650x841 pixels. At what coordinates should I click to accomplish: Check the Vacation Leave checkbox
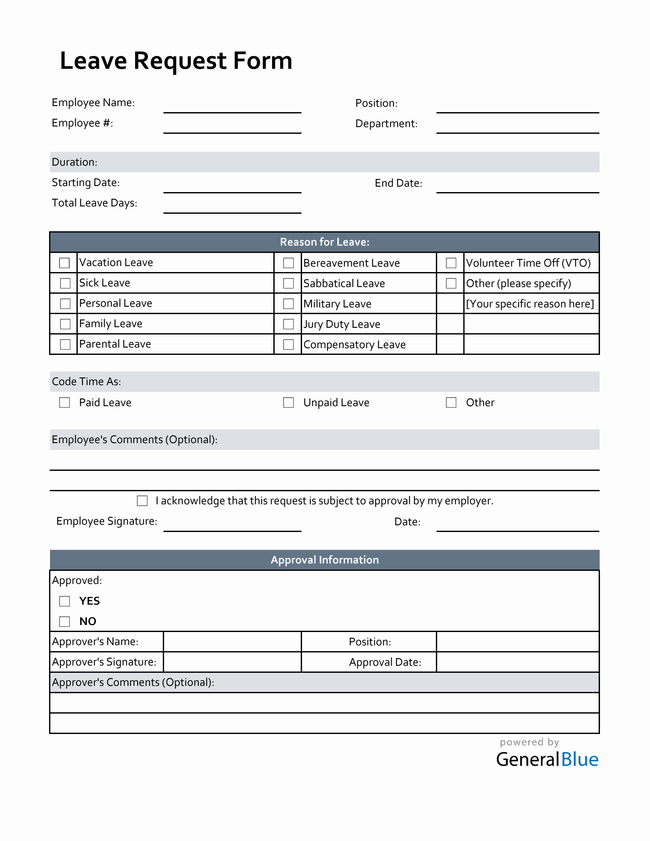(x=64, y=263)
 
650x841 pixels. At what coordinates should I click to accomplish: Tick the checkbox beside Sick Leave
(x=65, y=284)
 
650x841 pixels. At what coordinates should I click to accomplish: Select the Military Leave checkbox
(x=288, y=304)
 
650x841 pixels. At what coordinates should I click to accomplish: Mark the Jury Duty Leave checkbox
(x=288, y=324)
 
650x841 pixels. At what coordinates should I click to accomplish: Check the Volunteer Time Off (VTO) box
(x=451, y=263)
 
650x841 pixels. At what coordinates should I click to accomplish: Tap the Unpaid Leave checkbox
(x=288, y=402)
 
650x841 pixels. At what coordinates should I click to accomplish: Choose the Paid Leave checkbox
(x=64, y=402)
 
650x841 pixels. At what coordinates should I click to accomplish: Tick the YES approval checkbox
(x=64, y=601)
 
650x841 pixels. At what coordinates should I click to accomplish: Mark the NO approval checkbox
(x=64, y=622)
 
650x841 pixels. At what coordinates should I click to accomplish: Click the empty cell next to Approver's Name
(x=232, y=642)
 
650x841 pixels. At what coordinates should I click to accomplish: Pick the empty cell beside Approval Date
(x=517, y=662)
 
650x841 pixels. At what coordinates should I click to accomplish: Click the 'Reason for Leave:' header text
(x=325, y=242)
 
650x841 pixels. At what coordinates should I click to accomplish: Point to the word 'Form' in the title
(x=263, y=61)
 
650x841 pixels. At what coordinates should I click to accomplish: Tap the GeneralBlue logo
(x=547, y=759)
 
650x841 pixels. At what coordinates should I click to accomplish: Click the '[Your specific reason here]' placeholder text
(x=530, y=304)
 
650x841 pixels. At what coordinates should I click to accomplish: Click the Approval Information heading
(x=325, y=560)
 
